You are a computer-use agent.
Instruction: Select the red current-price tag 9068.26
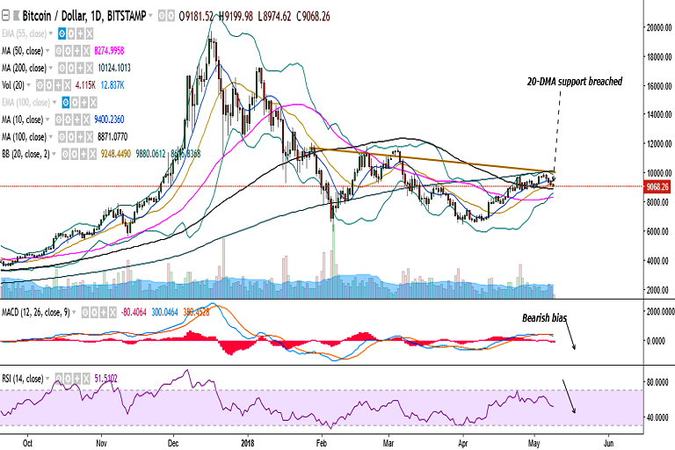(x=657, y=186)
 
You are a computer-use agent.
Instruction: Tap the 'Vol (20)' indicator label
(x=17, y=84)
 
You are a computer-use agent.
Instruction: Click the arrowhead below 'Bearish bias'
(x=574, y=347)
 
